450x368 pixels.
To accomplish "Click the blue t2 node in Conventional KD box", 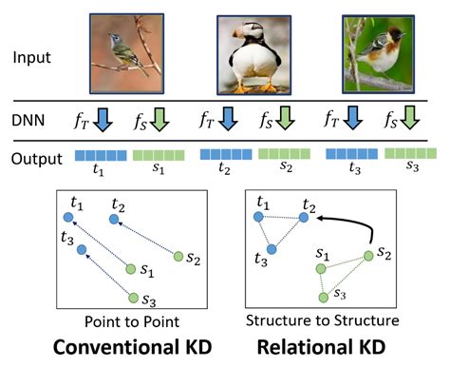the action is (114, 219).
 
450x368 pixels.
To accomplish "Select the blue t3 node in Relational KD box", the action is (272, 249).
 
